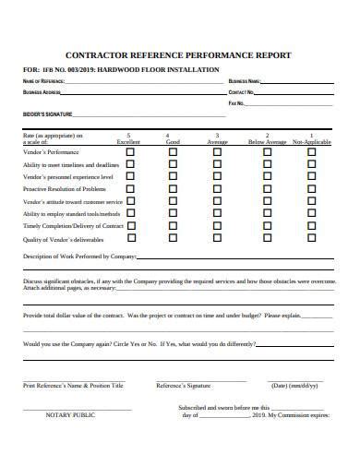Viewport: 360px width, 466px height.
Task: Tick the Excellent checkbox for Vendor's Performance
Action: click(x=129, y=151)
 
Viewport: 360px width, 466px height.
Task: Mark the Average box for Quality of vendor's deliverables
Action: click(x=218, y=239)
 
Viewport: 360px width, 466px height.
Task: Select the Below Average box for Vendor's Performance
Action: click(x=268, y=151)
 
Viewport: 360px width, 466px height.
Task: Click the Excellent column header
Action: click(x=129, y=142)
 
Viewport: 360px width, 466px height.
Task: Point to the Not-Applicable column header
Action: click(x=311, y=142)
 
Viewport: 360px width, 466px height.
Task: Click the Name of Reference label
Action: click(x=42, y=81)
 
